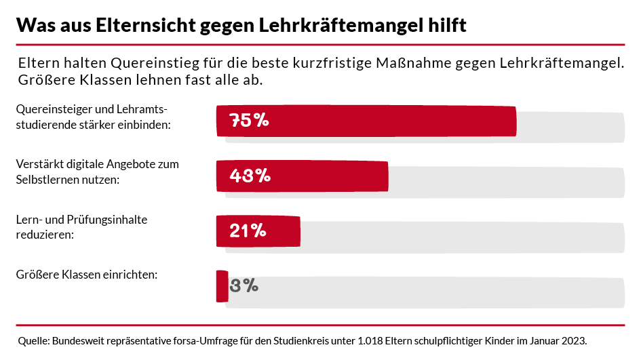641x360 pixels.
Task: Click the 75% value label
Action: [x=250, y=121]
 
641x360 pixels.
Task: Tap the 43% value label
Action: [x=250, y=176]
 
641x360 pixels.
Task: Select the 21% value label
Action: [x=248, y=231]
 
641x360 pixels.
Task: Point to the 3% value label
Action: [x=244, y=285]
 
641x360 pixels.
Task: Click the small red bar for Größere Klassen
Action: [x=222, y=285]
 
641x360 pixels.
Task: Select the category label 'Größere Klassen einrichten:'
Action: [x=86, y=275]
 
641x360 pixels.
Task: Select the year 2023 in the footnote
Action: [x=573, y=340]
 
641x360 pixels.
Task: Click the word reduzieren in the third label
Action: [x=43, y=235]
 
